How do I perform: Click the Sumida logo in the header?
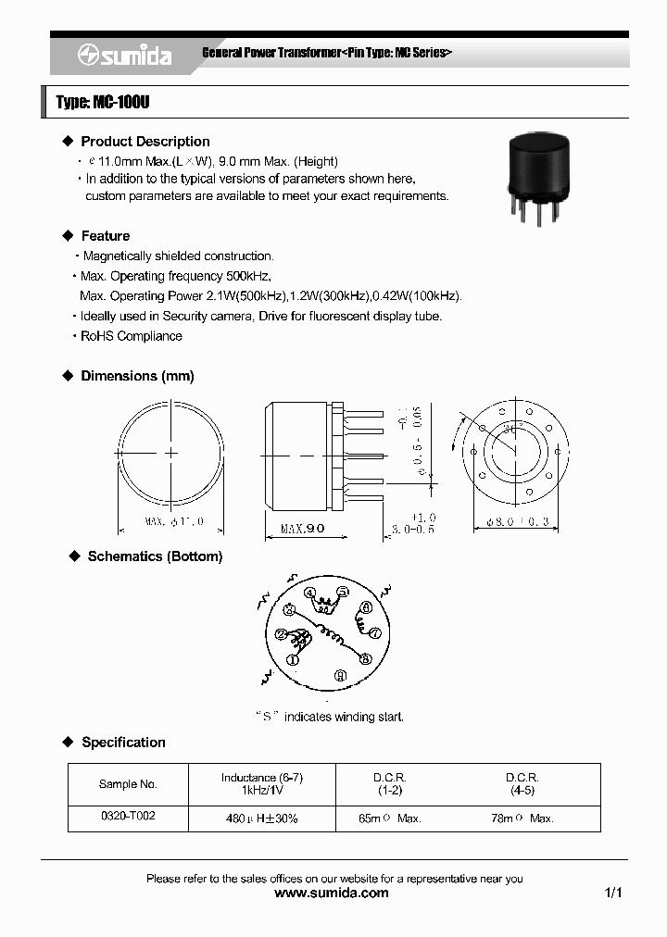(124, 56)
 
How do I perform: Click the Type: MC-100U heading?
(103, 103)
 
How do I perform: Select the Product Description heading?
(145, 142)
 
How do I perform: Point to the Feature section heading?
(106, 236)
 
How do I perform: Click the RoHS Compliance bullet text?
(132, 336)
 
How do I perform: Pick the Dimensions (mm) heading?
(137, 376)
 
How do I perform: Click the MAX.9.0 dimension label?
(302, 529)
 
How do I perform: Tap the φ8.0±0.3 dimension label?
(512, 522)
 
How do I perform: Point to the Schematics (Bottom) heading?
(155, 556)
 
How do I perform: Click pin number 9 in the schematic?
(341, 674)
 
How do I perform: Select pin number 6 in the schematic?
(366, 607)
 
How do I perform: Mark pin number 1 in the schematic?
(292, 660)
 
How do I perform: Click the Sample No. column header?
(128, 784)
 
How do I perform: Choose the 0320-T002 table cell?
(128, 818)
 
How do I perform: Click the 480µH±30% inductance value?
(262, 818)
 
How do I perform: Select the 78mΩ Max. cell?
(522, 818)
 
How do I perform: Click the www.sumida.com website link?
(333, 893)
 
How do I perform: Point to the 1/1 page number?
(612, 893)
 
